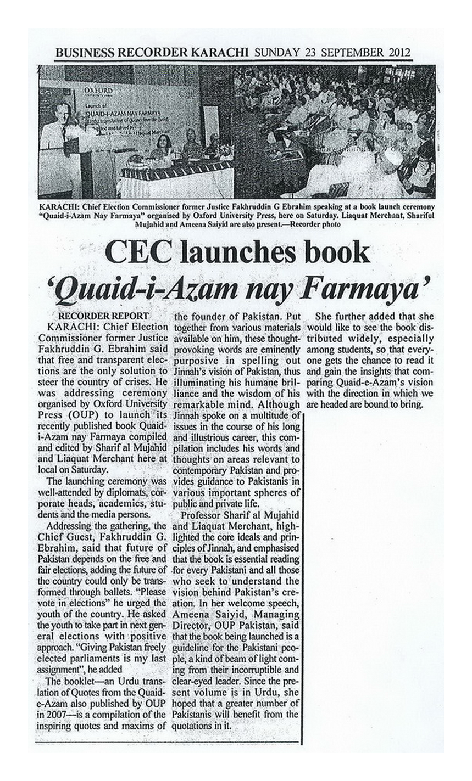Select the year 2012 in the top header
coord(400,53)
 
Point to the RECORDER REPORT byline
coord(103,316)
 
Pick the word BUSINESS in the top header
coord(82,53)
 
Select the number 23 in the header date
coord(309,53)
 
